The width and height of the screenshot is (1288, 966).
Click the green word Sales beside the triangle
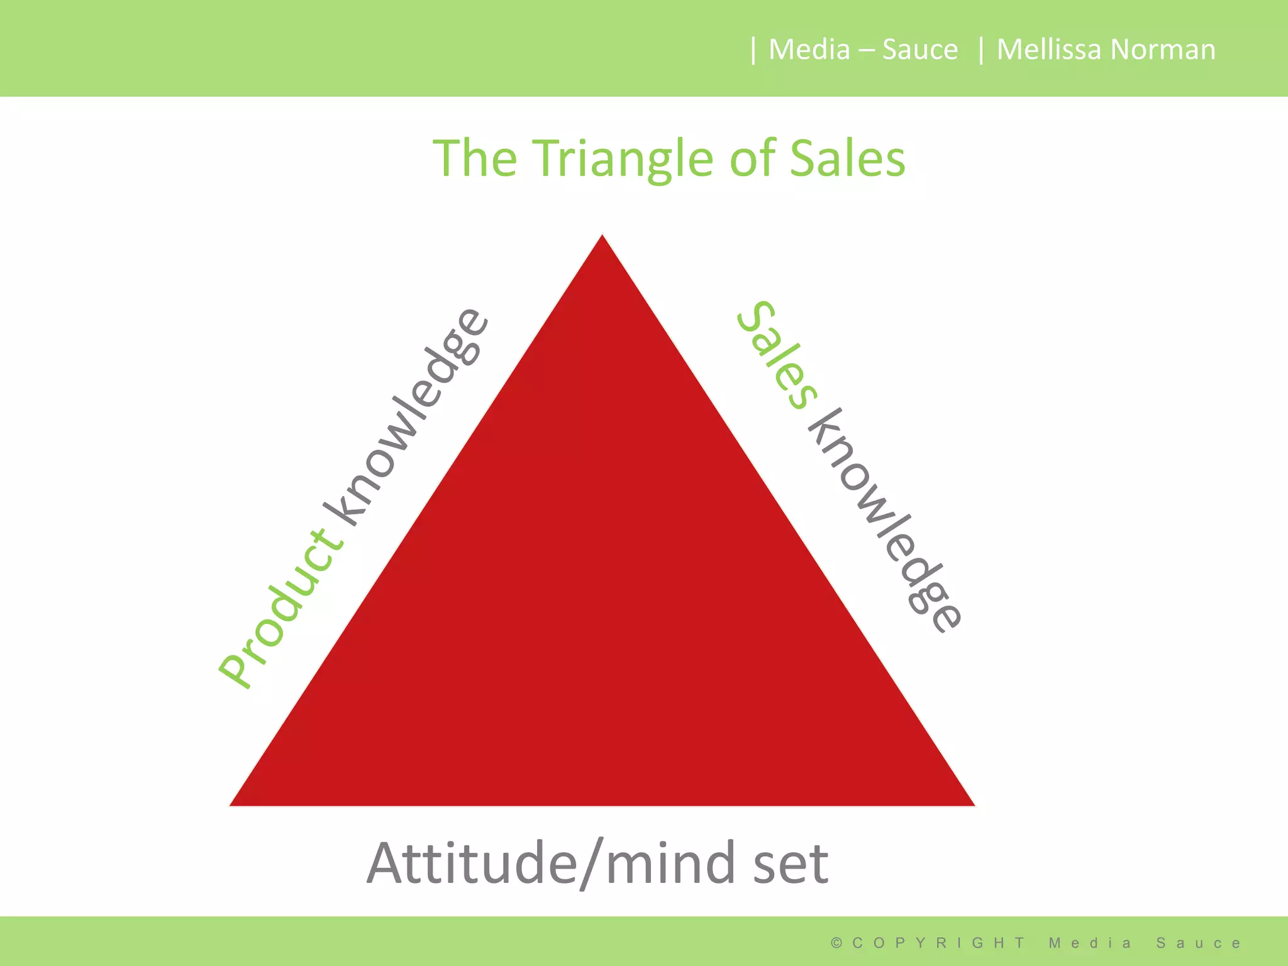pos(777,355)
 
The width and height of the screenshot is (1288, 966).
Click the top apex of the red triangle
pos(602,238)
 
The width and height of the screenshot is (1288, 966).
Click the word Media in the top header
pos(809,49)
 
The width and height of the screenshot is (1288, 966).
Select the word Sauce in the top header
pos(919,49)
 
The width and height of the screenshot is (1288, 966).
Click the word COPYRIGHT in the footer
pos(938,943)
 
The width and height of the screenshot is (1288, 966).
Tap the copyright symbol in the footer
pos(836,943)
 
